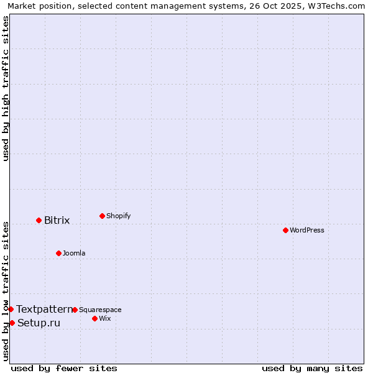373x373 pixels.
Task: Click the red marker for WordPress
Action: point(285,230)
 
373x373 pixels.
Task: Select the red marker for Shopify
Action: point(102,216)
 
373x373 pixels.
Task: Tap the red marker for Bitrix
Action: point(39,220)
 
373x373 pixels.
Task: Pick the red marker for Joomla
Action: point(58,253)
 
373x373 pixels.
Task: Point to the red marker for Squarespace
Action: point(75,310)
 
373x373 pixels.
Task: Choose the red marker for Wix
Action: point(94,318)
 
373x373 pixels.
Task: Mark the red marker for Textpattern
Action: point(11,309)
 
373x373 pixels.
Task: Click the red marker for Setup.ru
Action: point(12,323)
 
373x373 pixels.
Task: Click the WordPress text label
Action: point(307,230)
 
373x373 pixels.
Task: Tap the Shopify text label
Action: point(118,216)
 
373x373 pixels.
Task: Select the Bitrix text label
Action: point(57,220)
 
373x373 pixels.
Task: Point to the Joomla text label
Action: point(74,253)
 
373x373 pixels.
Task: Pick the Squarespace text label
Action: point(100,310)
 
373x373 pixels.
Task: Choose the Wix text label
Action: point(104,318)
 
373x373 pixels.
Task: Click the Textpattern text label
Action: point(44,309)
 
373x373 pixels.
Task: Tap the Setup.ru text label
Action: point(39,323)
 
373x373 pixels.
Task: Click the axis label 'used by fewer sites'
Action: point(64,368)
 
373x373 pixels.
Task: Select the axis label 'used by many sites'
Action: point(312,368)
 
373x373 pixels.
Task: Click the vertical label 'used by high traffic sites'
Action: point(6,88)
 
